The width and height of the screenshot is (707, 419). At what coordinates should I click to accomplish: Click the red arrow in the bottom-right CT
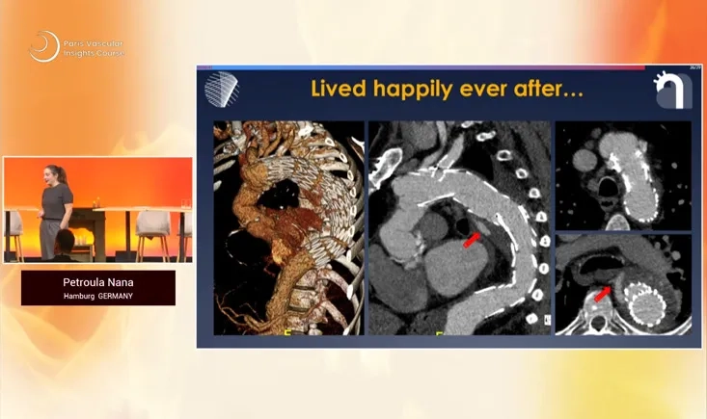[603, 291]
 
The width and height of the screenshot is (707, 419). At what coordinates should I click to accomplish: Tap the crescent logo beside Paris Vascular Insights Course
[43, 46]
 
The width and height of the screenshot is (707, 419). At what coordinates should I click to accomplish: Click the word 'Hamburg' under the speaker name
[80, 296]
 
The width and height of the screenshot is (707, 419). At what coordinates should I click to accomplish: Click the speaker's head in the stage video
[56, 174]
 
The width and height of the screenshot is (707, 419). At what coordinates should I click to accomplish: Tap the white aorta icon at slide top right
[672, 91]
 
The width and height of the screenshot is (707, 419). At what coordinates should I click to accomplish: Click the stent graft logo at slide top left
[221, 89]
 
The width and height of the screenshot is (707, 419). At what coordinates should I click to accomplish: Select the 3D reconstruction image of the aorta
[287, 227]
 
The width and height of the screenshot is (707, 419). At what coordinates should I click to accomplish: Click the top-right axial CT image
[622, 174]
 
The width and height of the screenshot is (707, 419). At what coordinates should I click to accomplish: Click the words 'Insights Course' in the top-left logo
[95, 52]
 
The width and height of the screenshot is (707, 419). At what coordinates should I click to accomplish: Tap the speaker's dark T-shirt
[58, 202]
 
